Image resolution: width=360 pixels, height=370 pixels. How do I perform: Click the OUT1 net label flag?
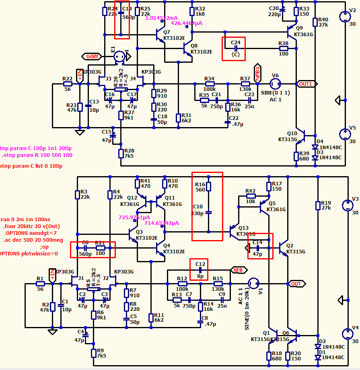pyautogui.click(x=307, y=84)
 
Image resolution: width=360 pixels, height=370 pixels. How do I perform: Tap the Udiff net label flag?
pyautogui.click(x=91, y=57)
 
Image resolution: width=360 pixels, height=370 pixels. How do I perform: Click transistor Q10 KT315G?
pyautogui.click(x=302, y=135)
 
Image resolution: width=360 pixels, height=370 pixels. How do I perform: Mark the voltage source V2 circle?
pyautogui.click(x=345, y=17)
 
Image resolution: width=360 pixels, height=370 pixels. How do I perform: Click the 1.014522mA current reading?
pyautogui.click(x=161, y=18)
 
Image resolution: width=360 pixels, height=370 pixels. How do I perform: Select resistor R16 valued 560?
pyautogui.click(x=208, y=187)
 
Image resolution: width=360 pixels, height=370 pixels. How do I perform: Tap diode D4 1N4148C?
pyautogui.click(x=315, y=147)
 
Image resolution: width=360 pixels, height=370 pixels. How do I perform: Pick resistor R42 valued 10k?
pyautogui.click(x=250, y=196)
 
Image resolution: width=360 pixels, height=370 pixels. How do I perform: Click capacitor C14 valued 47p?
pyautogui.click(x=257, y=248)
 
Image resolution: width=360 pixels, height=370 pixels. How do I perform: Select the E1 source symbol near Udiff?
pyautogui.click(x=119, y=56)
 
